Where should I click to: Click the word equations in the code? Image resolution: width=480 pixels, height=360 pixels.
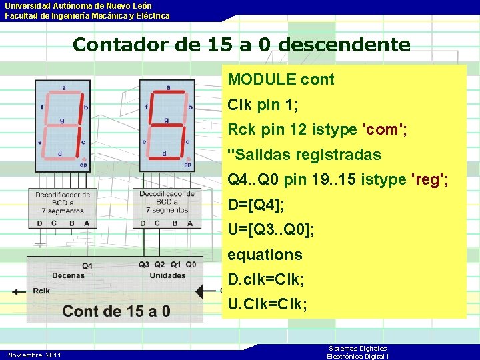click(x=265, y=255)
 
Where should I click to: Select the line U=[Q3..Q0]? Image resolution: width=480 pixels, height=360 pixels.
click(x=271, y=230)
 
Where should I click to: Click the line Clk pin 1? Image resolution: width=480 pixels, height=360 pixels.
click(x=263, y=105)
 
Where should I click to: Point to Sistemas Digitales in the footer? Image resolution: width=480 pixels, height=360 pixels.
click(x=358, y=349)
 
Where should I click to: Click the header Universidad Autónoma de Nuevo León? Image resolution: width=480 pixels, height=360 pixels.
click(x=78, y=6)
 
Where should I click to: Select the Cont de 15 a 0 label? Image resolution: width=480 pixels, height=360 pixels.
click(x=116, y=311)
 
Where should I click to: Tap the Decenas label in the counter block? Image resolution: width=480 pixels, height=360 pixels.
click(x=68, y=275)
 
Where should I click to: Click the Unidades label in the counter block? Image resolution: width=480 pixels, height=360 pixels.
click(x=167, y=275)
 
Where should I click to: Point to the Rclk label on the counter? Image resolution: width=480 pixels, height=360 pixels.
click(x=41, y=291)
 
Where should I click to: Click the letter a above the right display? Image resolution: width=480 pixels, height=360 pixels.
click(x=168, y=87)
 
